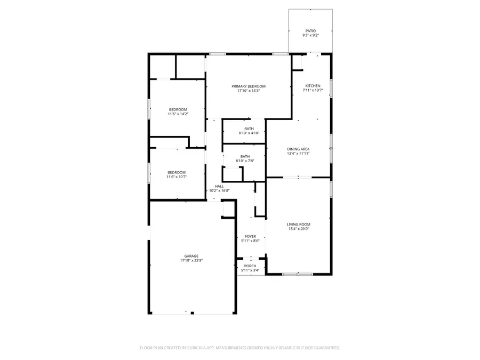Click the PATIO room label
310,31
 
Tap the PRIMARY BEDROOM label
248,86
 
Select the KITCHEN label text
313,86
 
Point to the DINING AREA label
298,149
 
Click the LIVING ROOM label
298,225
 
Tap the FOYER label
250,236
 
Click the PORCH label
250,266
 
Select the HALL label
219,186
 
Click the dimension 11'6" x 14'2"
178,114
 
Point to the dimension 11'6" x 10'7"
177,177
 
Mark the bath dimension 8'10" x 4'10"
249,133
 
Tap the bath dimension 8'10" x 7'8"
245,161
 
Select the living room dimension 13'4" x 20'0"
298,229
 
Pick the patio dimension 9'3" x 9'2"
310,36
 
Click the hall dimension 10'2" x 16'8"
219,190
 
